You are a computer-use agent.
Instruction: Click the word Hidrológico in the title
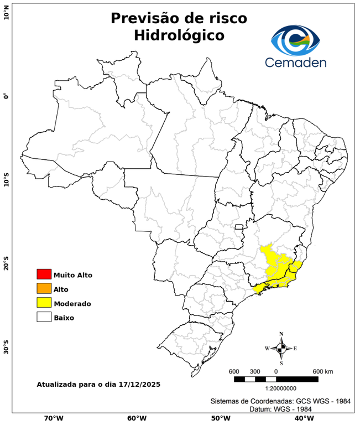coord(179,35)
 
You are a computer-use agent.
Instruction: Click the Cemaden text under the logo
coord(295,62)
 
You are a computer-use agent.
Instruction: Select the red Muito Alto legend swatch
coord(44,274)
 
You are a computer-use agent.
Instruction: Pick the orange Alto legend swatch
coord(44,288)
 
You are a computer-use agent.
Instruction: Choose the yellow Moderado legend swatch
coord(44,303)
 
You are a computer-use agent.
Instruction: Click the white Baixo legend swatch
coord(44,317)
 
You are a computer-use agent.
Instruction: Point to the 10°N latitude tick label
coord(6,12)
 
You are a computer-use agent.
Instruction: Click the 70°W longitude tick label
coord(53,418)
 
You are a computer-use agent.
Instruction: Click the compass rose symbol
coord(281,348)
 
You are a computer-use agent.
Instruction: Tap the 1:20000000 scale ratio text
coord(276,388)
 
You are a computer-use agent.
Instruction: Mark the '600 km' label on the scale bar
coord(323,371)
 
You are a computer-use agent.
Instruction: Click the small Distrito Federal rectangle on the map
coord(239,226)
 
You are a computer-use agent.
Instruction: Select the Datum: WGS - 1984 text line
coord(276,409)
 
